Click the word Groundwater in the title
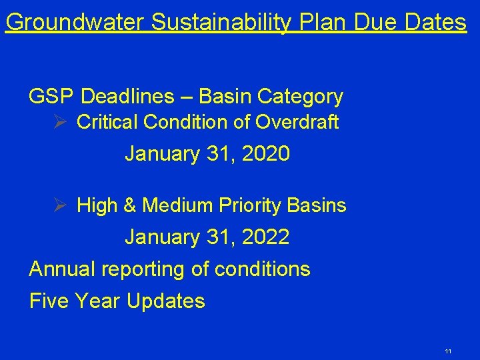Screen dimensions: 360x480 point(75,23)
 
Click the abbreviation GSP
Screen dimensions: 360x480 point(51,97)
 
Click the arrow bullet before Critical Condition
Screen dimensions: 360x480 point(61,122)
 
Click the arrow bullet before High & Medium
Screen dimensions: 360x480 point(61,205)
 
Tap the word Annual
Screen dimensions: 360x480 point(63,269)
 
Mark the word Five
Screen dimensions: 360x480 point(49,301)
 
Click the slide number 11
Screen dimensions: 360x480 point(448,351)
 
